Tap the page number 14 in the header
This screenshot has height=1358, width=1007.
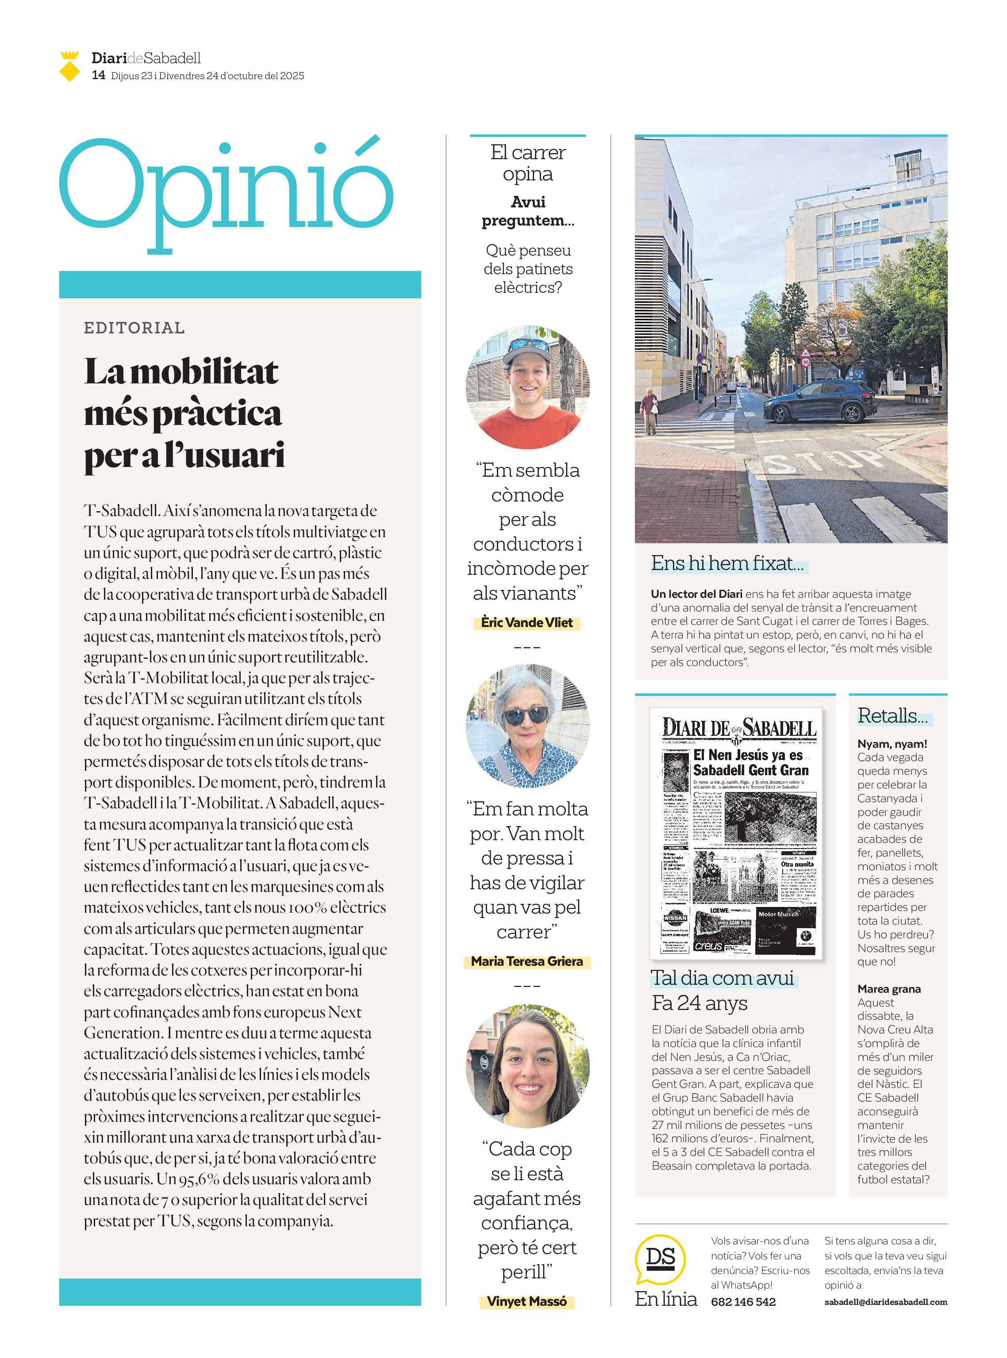click(x=98, y=76)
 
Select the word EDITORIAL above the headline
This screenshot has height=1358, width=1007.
click(x=134, y=328)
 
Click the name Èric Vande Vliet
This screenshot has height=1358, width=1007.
click(x=527, y=623)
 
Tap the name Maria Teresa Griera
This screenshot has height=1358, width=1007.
click(x=527, y=961)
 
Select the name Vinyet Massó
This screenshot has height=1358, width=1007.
click(x=527, y=1301)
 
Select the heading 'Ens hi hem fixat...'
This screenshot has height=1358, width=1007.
click(x=726, y=563)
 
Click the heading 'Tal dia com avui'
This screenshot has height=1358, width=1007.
click(x=723, y=979)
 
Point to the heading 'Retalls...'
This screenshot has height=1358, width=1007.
click(x=892, y=716)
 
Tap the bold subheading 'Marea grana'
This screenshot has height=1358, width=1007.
click(x=889, y=989)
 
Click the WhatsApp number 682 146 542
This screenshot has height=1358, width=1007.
click(x=743, y=1302)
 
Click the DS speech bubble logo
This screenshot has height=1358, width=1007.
click(x=660, y=1258)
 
